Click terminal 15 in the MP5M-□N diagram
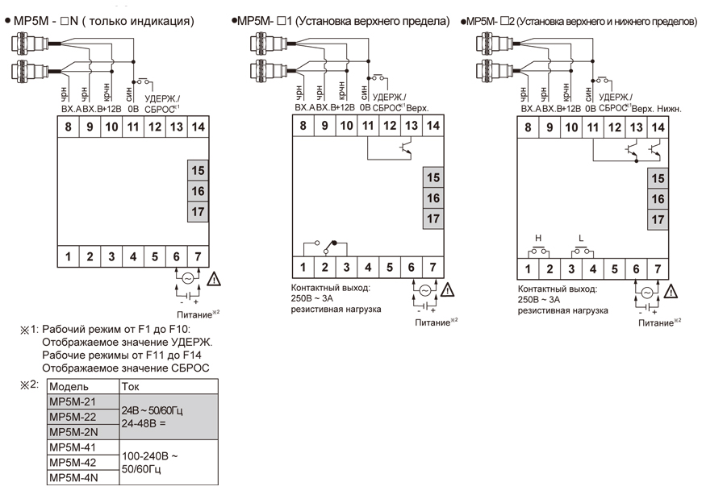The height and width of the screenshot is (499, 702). click(x=198, y=170)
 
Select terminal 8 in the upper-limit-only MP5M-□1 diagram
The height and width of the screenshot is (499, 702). click(x=303, y=125)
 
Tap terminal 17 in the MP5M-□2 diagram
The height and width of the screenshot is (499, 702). click(x=658, y=218)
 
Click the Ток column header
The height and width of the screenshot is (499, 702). click(x=130, y=386)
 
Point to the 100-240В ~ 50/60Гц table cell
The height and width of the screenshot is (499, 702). click(x=149, y=462)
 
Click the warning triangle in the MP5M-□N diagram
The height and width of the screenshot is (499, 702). click(x=215, y=279)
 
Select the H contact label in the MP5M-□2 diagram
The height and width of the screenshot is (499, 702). click(x=538, y=238)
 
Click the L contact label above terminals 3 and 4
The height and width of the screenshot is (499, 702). click(x=582, y=238)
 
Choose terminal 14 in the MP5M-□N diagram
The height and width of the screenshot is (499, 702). click(x=198, y=127)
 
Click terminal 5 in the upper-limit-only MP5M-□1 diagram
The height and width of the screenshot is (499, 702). click(x=390, y=267)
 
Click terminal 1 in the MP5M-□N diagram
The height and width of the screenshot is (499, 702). click(x=68, y=257)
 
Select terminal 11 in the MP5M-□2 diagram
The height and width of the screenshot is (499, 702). click(x=593, y=127)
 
